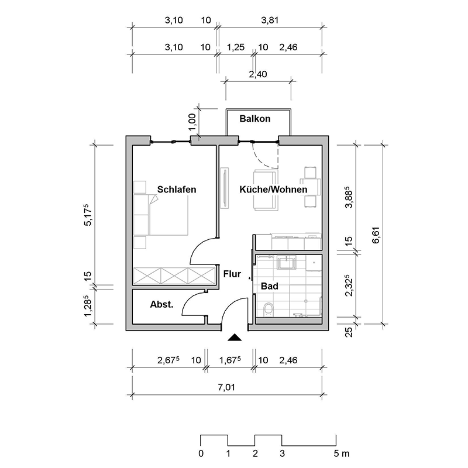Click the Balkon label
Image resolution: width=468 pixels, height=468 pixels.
tap(255, 119)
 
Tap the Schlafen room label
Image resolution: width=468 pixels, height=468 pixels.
tap(177, 190)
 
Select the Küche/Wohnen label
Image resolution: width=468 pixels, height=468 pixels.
tap(273, 190)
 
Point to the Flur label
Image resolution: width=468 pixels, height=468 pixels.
tap(232, 274)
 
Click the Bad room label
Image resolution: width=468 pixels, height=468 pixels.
tap(270, 286)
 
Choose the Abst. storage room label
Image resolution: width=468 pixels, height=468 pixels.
tap(161, 304)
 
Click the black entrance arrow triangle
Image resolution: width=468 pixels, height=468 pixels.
tap(235, 338)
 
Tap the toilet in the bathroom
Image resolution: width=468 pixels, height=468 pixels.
tap(269, 309)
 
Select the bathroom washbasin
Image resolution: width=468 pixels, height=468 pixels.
tap(286, 262)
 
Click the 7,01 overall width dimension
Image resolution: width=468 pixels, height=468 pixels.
tap(226, 387)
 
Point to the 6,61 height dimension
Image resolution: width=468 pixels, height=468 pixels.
tap(376, 236)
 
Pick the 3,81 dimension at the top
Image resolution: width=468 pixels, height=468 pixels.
tap(270, 20)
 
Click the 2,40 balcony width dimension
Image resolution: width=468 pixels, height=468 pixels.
tap(258, 74)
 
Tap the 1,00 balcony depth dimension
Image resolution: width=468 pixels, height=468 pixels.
tap(192, 122)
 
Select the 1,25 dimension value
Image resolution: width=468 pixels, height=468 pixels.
tap(236, 47)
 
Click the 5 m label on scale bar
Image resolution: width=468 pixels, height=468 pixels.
tap(341, 454)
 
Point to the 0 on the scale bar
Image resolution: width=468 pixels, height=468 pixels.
tap(201, 454)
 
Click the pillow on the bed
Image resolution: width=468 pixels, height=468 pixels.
tap(153, 199)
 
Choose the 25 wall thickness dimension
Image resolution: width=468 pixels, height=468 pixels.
tap(349, 332)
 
